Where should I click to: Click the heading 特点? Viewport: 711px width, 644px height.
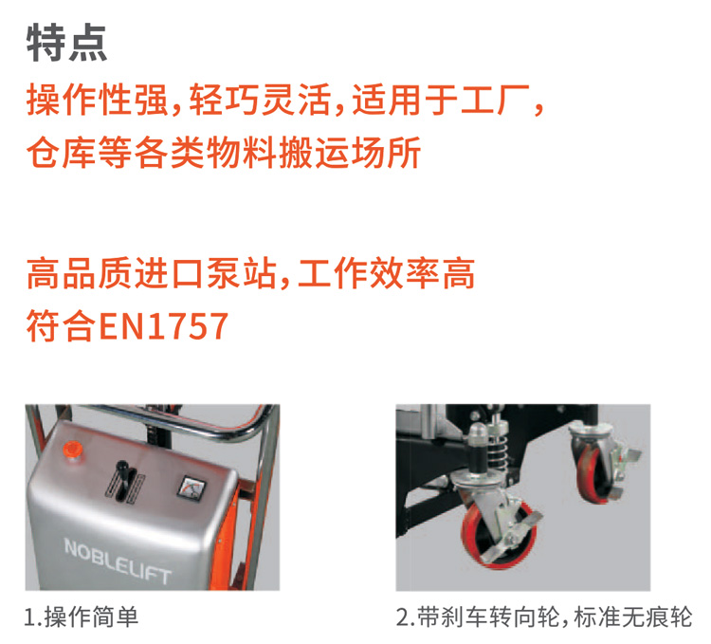pyautogui.click(x=66, y=43)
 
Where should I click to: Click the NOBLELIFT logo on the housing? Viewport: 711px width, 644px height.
pyautogui.click(x=118, y=561)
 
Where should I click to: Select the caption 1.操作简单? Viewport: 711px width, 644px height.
pyautogui.click(x=82, y=617)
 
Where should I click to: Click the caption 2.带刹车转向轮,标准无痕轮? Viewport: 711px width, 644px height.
pyautogui.click(x=544, y=617)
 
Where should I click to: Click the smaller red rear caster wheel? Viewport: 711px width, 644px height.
pyautogui.click(x=597, y=472)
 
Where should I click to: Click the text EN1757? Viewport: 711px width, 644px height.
pyautogui.click(x=163, y=326)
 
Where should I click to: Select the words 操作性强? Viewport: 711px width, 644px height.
pyautogui.click(x=97, y=100)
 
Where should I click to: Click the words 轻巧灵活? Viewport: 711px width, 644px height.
pyautogui.click(x=260, y=100)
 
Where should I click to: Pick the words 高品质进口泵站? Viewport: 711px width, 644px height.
pyautogui.click(x=152, y=273)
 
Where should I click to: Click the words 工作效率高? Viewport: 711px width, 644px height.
pyautogui.click(x=387, y=273)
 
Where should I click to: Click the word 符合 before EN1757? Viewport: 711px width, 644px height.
pyautogui.click(x=62, y=326)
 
